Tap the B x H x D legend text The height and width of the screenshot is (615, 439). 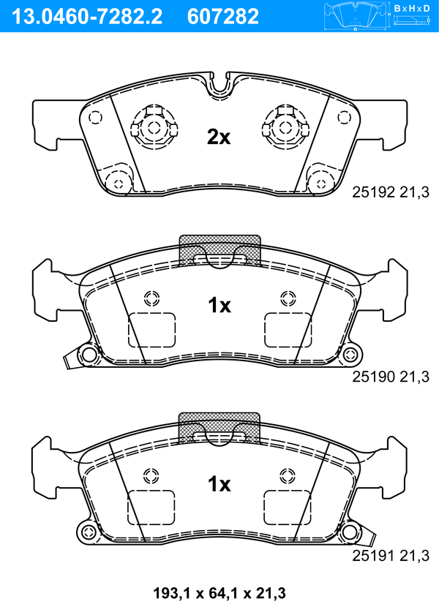[411, 8]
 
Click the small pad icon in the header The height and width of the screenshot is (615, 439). [355, 16]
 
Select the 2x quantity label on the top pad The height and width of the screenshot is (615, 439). [219, 136]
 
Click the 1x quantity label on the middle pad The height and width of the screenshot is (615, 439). [219, 306]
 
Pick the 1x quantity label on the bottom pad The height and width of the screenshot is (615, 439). [219, 483]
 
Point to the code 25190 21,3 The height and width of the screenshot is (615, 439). [390, 376]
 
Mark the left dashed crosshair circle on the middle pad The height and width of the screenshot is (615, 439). [152, 298]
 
